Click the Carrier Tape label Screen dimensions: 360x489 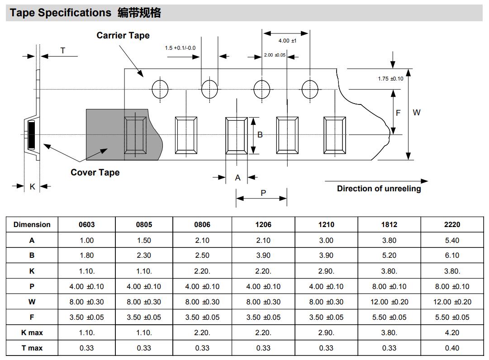pyautogui.click(x=123, y=35)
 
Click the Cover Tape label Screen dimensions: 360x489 pyautogui.click(x=95, y=172)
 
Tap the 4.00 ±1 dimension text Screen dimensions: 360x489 pyautogui.click(x=287, y=41)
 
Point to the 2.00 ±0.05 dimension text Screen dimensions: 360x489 pyautogui.click(x=275, y=55)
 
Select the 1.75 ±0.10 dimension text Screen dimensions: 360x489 pyautogui.click(x=390, y=79)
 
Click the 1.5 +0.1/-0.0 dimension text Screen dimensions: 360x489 pyautogui.click(x=183, y=47)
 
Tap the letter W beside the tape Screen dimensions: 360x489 pyautogui.click(x=417, y=113)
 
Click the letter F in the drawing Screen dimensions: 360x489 pyautogui.click(x=398, y=113)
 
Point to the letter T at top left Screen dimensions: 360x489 pyautogui.click(x=63, y=51)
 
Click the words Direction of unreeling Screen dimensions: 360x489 pyautogui.click(x=379, y=189)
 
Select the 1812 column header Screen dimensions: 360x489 pyautogui.click(x=389, y=225)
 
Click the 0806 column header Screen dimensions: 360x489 pyautogui.click(x=202, y=225)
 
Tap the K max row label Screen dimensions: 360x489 pyautogui.click(x=32, y=333)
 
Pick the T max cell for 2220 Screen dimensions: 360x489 pyautogui.click(x=452, y=348)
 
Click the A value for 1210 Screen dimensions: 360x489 pyautogui.click(x=326, y=241)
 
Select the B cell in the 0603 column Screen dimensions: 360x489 pyautogui.click(x=86, y=256)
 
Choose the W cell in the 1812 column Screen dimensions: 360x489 pyautogui.click(x=389, y=302)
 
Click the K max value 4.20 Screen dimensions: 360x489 pyautogui.click(x=452, y=333)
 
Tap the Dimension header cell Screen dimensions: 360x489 pyautogui.click(x=32, y=225)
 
